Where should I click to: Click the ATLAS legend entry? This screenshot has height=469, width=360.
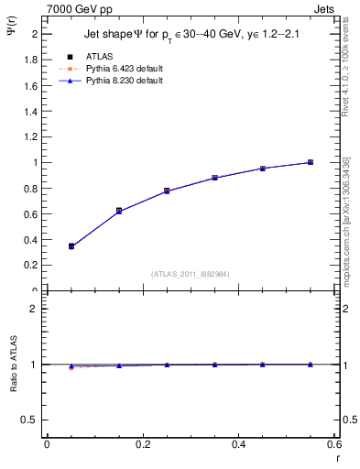tap(96, 56)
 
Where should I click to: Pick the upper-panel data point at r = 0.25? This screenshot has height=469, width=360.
tap(167, 191)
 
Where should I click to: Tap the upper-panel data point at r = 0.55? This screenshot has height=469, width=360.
tap(311, 162)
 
